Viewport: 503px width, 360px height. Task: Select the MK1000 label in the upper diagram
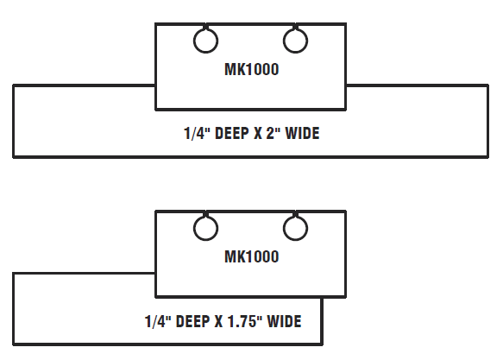click(x=252, y=69)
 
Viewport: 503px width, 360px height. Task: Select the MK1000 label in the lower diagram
click(x=252, y=256)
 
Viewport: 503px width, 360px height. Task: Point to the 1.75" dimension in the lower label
click(x=245, y=321)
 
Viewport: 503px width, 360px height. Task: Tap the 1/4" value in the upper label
click(x=197, y=133)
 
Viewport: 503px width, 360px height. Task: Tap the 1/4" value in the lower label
click(x=158, y=321)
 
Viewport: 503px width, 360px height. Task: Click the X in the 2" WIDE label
click(x=258, y=133)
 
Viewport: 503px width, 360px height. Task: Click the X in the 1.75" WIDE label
click(x=219, y=321)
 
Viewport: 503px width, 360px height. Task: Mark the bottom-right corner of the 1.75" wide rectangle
click(x=322, y=344)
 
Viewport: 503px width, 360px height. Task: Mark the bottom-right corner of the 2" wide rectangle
click(x=488, y=157)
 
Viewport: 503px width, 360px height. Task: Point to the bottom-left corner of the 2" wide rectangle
click(x=14, y=157)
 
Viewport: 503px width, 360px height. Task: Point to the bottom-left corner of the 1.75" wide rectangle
click(x=14, y=344)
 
